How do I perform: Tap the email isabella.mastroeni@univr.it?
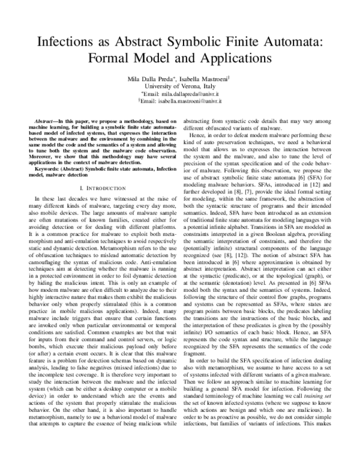(184, 102)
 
